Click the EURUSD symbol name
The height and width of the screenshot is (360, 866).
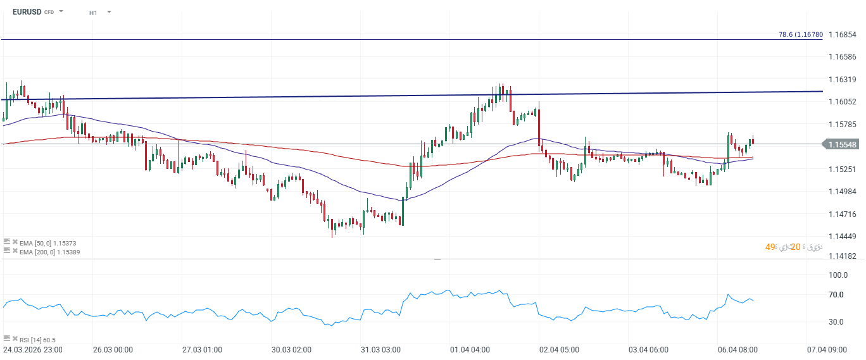click(27, 12)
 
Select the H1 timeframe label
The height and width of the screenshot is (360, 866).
click(93, 13)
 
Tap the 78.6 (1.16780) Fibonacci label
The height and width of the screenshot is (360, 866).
click(800, 35)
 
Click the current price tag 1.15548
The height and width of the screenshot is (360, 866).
click(842, 144)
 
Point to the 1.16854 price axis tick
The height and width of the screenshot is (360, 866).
click(842, 34)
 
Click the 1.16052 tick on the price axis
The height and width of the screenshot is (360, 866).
click(842, 102)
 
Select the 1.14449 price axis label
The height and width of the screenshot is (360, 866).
click(842, 237)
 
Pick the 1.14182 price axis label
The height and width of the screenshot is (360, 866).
click(842, 256)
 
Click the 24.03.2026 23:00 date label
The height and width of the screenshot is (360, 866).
click(32, 349)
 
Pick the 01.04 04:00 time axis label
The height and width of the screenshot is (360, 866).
click(469, 349)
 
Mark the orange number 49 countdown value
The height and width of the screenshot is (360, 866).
click(770, 247)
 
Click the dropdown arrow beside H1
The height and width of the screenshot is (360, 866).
click(109, 12)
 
